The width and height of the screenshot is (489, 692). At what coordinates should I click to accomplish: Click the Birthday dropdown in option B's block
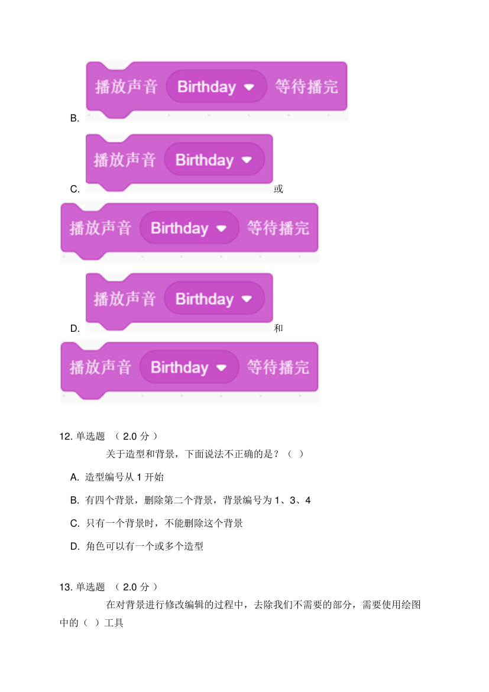(215, 87)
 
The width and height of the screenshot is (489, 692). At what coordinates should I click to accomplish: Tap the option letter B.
(75, 118)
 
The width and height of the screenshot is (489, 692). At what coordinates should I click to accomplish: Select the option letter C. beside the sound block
(75, 189)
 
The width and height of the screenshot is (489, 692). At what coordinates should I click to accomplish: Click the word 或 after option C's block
(278, 189)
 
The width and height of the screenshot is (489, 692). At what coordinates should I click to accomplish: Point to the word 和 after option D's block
(278, 328)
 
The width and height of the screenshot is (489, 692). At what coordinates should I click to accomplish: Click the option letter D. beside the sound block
(75, 328)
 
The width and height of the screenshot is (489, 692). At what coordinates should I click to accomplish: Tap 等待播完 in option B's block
(306, 87)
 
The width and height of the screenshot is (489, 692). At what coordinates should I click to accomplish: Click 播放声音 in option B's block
(126, 87)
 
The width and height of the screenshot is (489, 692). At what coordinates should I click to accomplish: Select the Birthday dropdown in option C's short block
(213, 160)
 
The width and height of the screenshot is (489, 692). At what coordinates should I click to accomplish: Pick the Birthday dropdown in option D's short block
(213, 299)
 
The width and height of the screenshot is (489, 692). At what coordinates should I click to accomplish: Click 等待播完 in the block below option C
(278, 228)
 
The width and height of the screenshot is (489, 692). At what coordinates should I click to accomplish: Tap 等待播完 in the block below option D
(278, 367)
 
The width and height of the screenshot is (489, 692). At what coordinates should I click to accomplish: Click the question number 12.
(66, 436)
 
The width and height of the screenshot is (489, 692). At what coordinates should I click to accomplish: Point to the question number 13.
(66, 587)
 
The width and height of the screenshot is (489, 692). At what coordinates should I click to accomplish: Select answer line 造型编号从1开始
(124, 477)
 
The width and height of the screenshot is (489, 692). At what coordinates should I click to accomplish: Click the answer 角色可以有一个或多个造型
(144, 547)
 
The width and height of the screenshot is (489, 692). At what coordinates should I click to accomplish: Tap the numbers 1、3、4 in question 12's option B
(293, 500)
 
